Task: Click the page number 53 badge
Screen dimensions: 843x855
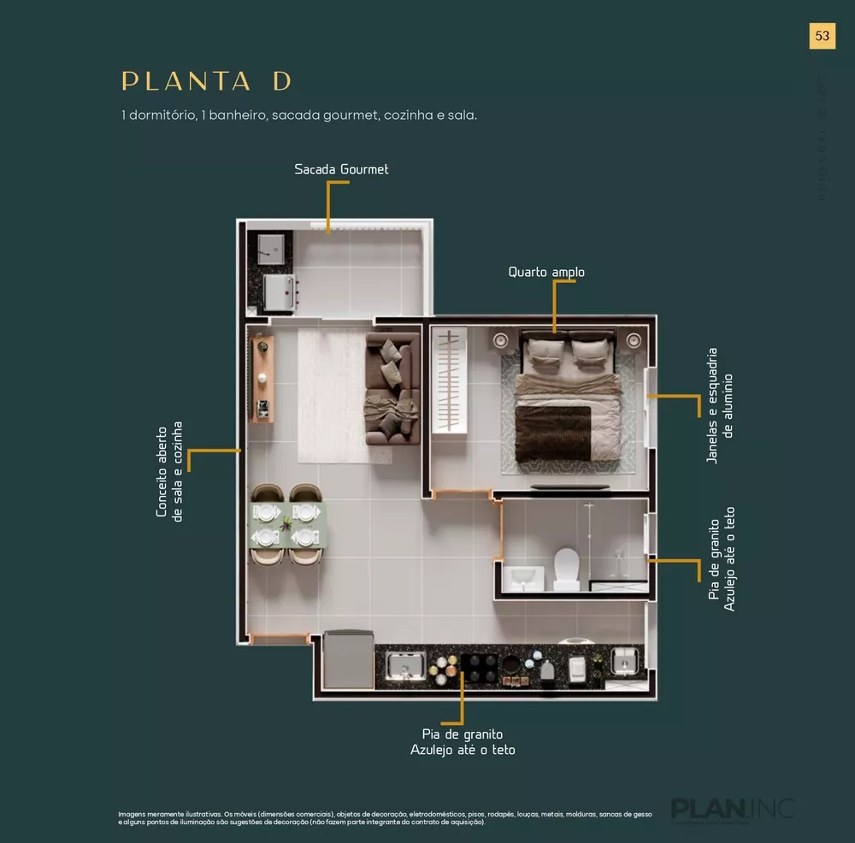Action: pyautogui.click(x=822, y=36)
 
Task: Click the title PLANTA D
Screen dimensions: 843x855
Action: pyautogui.click(x=207, y=81)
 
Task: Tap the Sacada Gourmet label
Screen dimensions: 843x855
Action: pyautogui.click(x=341, y=169)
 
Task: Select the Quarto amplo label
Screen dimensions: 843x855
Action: pyautogui.click(x=546, y=272)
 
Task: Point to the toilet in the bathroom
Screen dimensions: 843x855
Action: pyautogui.click(x=566, y=569)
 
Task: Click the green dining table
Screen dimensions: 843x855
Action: pyautogui.click(x=286, y=524)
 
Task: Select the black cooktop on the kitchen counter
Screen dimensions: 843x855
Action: pyautogui.click(x=479, y=665)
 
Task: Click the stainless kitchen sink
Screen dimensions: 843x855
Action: pyautogui.click(x=406, y=665)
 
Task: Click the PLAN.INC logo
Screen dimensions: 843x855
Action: pyautogui.click(x=733, y=808)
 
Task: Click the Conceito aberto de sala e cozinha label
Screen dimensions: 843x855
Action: pyautogui.click(x=169, y=469)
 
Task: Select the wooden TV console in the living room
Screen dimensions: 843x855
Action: pyautogui.click(x=262, y=379)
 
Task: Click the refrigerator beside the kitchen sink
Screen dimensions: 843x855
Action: pyautogui.click(x=347, y=658)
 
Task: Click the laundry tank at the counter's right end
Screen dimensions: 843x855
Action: pyautogui.click(x=626, y=661)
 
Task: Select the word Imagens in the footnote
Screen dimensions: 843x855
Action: pyautogui.click(x=133, y=814)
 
